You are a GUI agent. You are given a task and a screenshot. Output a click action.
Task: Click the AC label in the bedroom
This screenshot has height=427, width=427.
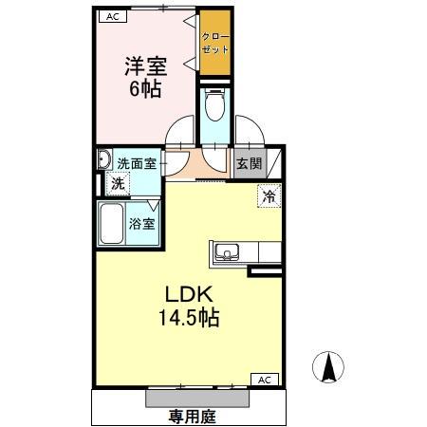click(113, 16)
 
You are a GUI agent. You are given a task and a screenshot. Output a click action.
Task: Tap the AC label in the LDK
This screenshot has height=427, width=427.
click(265, 379)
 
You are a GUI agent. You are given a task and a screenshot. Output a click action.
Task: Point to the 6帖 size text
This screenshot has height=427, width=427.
click(146, 91)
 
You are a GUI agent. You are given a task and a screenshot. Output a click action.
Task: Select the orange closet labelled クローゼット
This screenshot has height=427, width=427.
click(215, 43)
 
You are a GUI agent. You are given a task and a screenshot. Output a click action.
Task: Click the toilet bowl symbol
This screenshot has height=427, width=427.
click(214, 102)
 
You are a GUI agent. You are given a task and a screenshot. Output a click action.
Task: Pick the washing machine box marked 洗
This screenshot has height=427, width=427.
click(118, 182)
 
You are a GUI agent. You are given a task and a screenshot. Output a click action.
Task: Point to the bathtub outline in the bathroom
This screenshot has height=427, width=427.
click(114, 225)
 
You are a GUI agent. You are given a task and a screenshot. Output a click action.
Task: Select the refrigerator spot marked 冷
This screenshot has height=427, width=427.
click(269, 197)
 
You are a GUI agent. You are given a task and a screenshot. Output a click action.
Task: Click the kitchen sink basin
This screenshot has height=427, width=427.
click(226, 251)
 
